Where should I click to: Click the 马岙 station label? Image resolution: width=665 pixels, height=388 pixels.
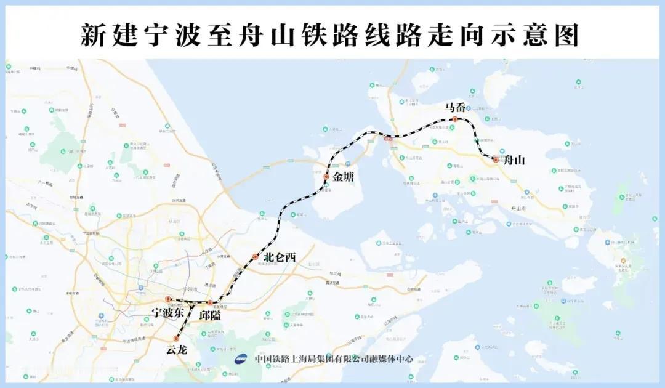click(x=456, y=107)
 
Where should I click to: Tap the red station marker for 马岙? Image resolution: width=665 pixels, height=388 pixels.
click(x=454, y=119)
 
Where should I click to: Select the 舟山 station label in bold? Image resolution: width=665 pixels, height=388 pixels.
click(x=514, y=161)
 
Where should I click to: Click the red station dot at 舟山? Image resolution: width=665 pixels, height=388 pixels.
click(x=496, y=160)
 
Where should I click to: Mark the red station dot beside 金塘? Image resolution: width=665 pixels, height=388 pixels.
click(x=326, y=177)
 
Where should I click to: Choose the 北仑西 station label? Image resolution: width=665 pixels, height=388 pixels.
click(x=280, y=257)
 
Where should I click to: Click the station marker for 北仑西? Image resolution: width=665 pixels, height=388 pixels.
click(x=255, y=257)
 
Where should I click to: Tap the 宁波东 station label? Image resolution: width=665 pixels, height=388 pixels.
click(x=168, y=313)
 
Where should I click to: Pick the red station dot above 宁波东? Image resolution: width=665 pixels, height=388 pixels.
click(x=167, y=299)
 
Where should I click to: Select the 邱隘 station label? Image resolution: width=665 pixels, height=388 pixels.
click(x=210, y=314)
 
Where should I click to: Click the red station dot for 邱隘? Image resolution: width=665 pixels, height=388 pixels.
click(x=209, y=302)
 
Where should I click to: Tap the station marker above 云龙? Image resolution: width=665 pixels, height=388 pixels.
click(x=177, y=338)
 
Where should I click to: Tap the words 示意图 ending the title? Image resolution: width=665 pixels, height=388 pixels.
click(x=542, y=36)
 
